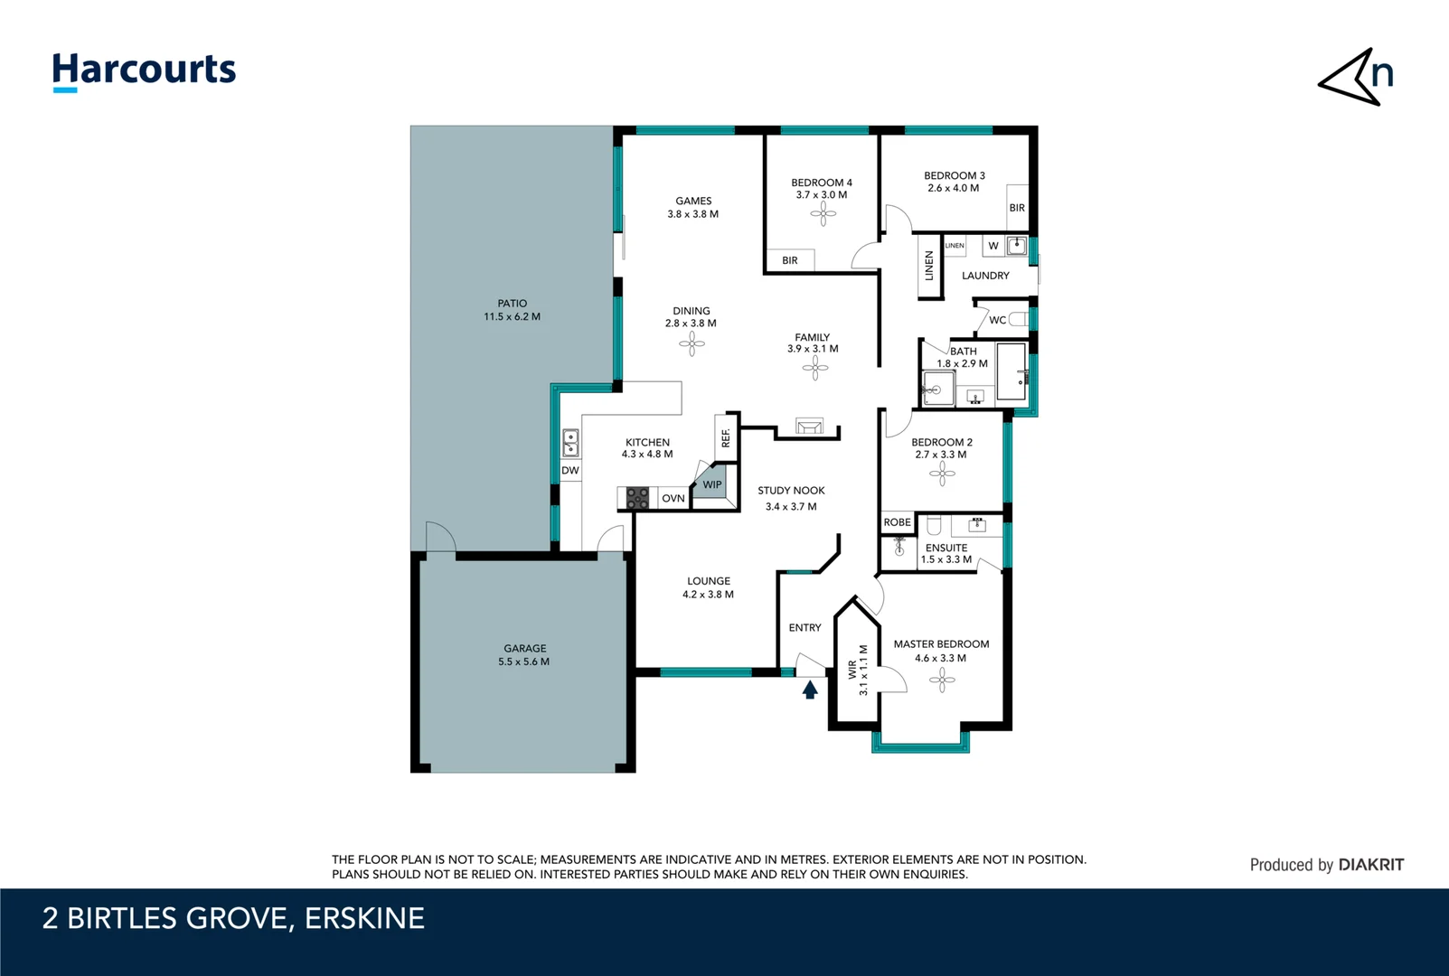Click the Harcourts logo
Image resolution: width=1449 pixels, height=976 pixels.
click(144, 70)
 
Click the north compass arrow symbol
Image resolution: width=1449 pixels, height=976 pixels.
click(1353, 79)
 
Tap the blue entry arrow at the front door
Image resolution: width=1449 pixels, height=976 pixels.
click(810, 690)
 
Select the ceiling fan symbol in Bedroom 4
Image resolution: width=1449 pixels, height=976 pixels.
click(823, 213)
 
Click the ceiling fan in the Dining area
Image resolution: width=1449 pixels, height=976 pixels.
click(692, 343)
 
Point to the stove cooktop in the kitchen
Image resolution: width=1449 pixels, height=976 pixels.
click(637, 498)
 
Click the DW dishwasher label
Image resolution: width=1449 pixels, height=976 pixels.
click(569, 470)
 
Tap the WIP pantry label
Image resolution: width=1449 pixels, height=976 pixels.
click(712, 484)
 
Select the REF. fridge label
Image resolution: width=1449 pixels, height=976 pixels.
click(725, 437)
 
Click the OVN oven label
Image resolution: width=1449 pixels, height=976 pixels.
click(673, 498)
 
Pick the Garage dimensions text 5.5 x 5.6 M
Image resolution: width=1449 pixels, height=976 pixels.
click(523, 662)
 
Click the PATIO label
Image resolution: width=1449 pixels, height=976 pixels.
click(512, 304)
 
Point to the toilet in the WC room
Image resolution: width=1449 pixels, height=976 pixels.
click(1018, 319)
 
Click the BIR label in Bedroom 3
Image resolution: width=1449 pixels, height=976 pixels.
click(1017, 208)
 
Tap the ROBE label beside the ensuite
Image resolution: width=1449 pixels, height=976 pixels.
click(897, 522)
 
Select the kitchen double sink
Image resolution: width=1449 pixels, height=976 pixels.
click(570, 443)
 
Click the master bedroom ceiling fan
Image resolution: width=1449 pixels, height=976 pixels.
click(941, 680)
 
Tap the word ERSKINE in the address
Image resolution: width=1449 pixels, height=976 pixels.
click(364, 918)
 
